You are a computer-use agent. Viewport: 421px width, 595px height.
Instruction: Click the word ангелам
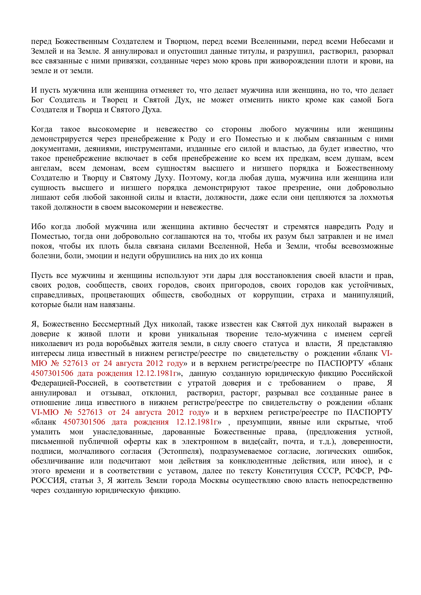coord(46,168)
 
